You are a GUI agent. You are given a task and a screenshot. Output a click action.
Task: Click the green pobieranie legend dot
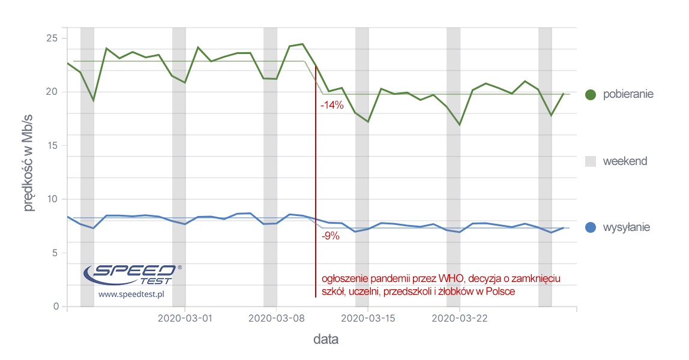590,95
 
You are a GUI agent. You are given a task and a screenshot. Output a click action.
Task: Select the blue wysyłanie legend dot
590,228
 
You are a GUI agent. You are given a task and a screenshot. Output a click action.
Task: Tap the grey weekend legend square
590,161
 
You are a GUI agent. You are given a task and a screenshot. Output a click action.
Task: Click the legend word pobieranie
628,95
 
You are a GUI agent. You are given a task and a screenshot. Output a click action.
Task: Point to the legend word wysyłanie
626,228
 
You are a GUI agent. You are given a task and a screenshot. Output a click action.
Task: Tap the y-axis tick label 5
55,253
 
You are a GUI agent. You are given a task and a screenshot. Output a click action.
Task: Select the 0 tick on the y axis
55,307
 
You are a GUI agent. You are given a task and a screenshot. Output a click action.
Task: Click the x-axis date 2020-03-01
185,319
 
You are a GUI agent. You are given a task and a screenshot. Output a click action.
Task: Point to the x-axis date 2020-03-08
276,319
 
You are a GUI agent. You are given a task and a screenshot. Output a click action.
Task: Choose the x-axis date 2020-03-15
368,319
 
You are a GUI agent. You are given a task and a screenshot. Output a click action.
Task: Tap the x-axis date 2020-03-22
460,319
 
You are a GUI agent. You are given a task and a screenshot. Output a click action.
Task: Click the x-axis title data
326,340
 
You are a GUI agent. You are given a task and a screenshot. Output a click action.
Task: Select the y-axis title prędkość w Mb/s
29,170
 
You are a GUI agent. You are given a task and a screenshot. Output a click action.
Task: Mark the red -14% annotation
332,105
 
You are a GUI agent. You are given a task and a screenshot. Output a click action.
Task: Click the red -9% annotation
330,236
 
